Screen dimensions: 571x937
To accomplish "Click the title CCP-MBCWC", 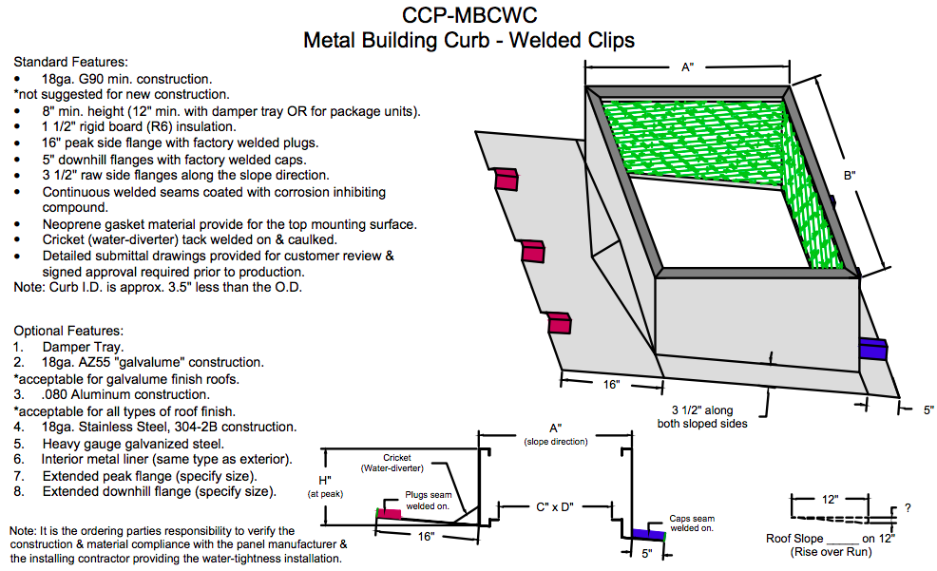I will (468, 16).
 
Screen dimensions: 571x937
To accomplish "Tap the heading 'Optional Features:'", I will (68, 331).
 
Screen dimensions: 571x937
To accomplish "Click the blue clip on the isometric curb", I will (872, 349).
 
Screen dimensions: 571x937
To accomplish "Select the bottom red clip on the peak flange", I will (562, 323).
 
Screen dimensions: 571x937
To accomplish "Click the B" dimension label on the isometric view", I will (850, 176).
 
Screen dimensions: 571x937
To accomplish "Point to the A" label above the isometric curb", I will (688, 67).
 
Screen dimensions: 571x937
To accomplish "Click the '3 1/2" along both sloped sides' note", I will (702, 417).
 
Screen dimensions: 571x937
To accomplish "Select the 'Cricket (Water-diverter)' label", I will (391, 463).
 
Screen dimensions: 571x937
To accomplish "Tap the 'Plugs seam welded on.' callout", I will (429, 501).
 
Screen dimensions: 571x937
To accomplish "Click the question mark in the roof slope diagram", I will (908, 508).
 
